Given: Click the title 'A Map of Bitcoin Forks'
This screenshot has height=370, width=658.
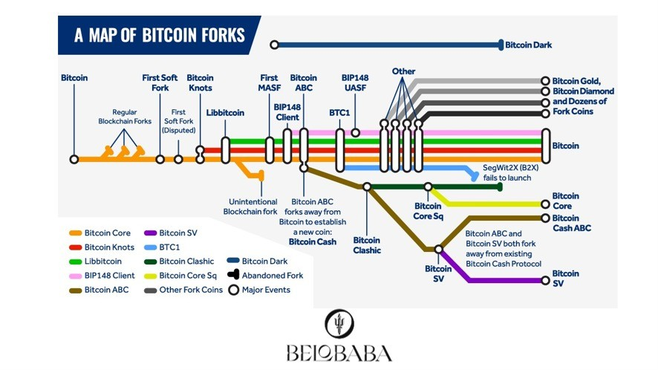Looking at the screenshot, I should (159, 36).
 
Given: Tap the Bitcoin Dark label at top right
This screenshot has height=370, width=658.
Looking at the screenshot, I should (528, 45).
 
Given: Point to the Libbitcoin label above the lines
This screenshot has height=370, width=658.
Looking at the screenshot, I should (225, 113).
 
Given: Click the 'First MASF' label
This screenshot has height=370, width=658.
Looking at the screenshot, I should (269, 82).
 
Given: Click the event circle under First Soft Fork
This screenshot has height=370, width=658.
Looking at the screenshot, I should (160, 159).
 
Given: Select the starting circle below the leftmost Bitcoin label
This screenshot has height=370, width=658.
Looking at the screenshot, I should (74, 159).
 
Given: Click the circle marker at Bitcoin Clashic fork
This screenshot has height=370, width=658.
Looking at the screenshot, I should (367, 187).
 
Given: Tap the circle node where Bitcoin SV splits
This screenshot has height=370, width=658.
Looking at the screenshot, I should (438, 250).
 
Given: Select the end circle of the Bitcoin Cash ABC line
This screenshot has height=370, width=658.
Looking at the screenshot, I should (545, 218).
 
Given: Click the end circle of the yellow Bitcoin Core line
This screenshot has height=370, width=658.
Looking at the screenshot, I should (545, 203).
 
